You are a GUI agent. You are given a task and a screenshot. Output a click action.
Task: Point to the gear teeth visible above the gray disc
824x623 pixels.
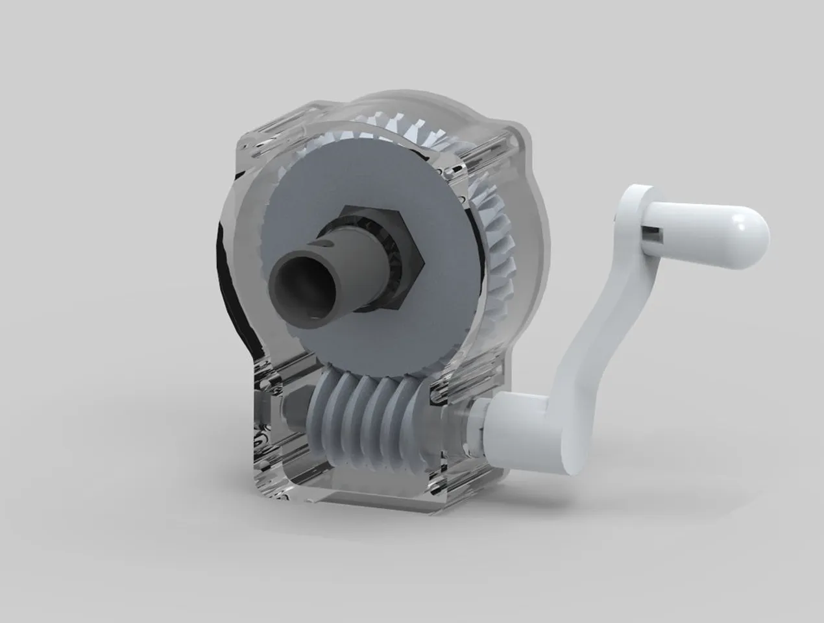[x=389, y=136]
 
